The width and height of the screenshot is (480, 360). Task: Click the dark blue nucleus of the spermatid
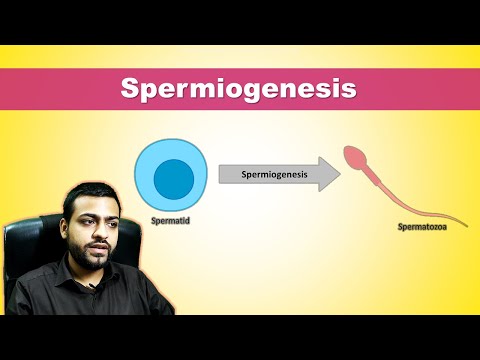pyautogui.click(x=172, y=177)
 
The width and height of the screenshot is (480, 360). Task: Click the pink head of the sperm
pyautogui.click(x=354, y=157)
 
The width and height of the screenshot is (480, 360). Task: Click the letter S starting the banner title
pyautogui.click(x=130, y=88)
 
